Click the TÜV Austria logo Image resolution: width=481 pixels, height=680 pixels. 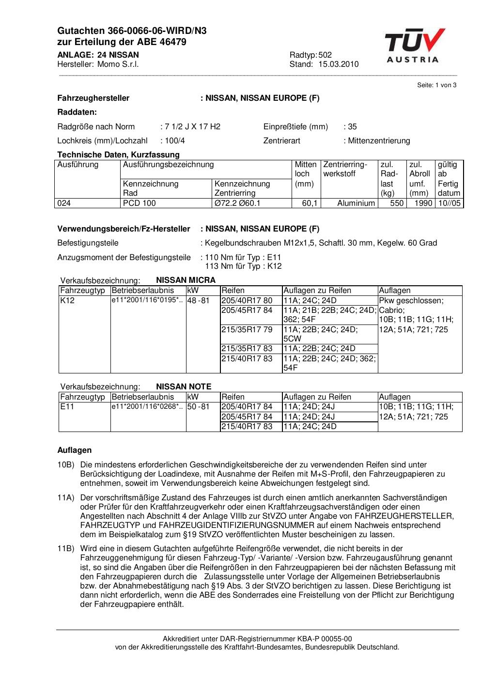414,46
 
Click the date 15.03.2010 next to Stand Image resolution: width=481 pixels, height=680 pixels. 338,64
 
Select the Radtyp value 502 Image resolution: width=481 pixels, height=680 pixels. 328,55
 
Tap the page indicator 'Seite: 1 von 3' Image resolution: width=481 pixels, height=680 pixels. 436,85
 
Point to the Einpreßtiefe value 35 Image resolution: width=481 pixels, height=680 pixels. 352,126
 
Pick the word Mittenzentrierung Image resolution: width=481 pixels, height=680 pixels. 379,140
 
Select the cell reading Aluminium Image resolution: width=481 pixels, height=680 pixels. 356,203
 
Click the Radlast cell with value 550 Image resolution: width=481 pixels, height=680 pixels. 397,203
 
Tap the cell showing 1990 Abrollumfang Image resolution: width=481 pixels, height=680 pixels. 423,203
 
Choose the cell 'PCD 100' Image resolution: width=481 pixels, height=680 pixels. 140,203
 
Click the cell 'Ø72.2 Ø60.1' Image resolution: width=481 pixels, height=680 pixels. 237,203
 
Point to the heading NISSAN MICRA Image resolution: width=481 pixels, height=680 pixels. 186,280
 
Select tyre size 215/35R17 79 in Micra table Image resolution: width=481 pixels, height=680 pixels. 247,329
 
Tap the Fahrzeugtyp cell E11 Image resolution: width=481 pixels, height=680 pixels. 67,407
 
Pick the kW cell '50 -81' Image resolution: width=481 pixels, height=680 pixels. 198,407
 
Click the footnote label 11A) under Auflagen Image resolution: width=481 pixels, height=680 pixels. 65,497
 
